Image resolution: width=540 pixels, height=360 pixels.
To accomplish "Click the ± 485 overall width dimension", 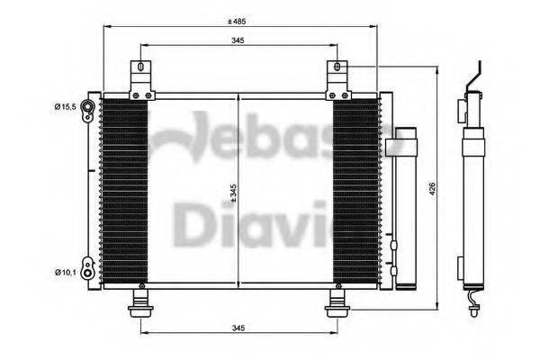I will coord(238,20).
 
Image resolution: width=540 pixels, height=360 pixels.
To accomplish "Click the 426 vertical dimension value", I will coord(432,189).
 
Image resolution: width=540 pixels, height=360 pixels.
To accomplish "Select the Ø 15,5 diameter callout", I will coord(64,108).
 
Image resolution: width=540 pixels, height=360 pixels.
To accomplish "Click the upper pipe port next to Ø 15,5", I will coord(88,108).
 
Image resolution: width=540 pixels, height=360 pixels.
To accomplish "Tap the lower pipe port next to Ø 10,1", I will coord(87,268).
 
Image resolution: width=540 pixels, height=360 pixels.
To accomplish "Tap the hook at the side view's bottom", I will coord(473,306).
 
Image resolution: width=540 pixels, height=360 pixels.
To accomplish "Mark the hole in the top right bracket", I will coord(337,67).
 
